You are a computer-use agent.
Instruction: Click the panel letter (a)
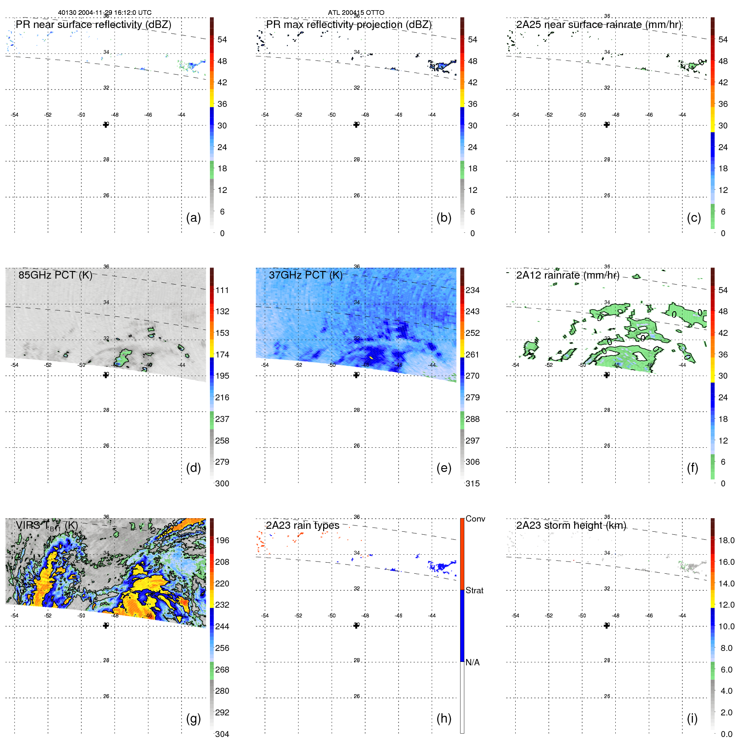click(193, 218)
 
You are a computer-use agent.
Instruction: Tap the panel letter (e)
click(444, 468)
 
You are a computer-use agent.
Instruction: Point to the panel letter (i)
click(692, 718)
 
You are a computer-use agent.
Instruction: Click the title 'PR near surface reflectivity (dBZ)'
click(93, 25)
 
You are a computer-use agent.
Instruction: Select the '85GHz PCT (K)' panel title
click(55, 275)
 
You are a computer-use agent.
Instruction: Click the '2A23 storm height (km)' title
click(571, 525)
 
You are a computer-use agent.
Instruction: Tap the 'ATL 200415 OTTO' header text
click(356, 13)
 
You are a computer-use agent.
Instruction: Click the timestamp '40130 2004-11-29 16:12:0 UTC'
click(105, 13)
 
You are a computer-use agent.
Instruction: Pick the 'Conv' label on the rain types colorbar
click(475, 519)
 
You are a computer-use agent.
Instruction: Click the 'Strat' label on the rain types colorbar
click(474, 590)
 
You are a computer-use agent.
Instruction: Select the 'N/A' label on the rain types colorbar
click(472, 662)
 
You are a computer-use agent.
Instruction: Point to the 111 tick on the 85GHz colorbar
click(222, 290)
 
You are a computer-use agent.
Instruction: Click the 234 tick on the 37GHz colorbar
click(472, 290)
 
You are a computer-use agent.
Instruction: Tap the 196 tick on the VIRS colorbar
click(222, 540)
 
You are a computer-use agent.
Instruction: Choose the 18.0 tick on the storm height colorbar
click(726, 540)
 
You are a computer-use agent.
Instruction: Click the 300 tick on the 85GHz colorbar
click(222, 483)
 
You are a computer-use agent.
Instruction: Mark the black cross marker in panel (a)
click(106, 125)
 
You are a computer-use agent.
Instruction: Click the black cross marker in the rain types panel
click(356, 625)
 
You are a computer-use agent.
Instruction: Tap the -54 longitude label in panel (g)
click(14, 616)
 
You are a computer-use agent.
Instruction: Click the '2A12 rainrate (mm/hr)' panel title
click(567, 275)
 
